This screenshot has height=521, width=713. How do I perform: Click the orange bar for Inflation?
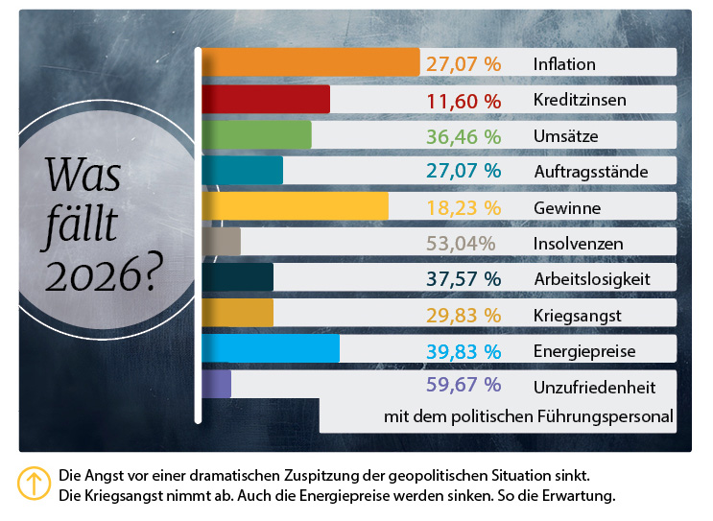pyautogui.click(x=310, y=63)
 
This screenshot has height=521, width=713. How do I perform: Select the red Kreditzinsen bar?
pyautogui.click(x=266, y=100)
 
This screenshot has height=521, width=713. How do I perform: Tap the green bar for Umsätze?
pyautogui.click(x=256, y=135)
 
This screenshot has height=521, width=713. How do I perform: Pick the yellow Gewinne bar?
pyautogui.click(x=295, y=206)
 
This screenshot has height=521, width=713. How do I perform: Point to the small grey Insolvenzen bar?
pyautogui.click(x=221, y=242)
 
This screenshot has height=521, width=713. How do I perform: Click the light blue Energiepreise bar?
pyautogui.click(x=271, y=349)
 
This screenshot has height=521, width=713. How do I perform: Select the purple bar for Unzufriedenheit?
pyautogui.click(x=216, y=384)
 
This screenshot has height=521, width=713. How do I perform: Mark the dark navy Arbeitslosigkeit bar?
pyautogui.click(x=237, y=278)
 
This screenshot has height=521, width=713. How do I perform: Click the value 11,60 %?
pyautogui.click(x=463, y=101)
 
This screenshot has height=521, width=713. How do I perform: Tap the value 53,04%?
pyautogui.click(x=461, y=243)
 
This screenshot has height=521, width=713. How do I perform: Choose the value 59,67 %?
pyautogui.click(x=463, y=385)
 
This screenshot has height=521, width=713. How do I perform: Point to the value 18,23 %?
pyautogui.click(x=463, y=207)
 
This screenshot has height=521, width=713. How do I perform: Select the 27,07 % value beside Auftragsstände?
pyautogui.click(x=463, y=172)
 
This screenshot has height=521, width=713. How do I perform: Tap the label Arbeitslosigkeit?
pyautogui.click(x=592, y=279)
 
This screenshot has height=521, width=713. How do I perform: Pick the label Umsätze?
pyautogui.click(x=565, y=136)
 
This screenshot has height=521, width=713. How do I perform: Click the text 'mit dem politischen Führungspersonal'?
pyautogui.click(x=528, y=417)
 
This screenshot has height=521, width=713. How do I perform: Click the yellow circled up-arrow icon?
pyautogui.click(x=35, y=484)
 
